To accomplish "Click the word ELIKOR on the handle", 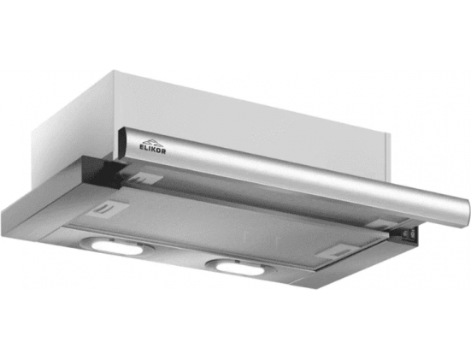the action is pyautogui.click(x=152, y=149).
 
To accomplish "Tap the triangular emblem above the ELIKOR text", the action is pyautogui.click(x=152, y=142).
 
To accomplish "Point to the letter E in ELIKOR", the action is pyautogui.click(x=142, y=146).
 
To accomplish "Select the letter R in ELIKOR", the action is pyautogui.click(x=163, y=151).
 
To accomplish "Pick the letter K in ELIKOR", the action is pyautogui.click(x=154, y=149).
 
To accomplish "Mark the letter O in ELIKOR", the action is pyautogui.click(x=158, y=150).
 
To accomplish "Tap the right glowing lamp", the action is pyautogui.click(x=239, y=269).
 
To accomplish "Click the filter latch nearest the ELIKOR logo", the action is pyautogui.click(x=144, y=179).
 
